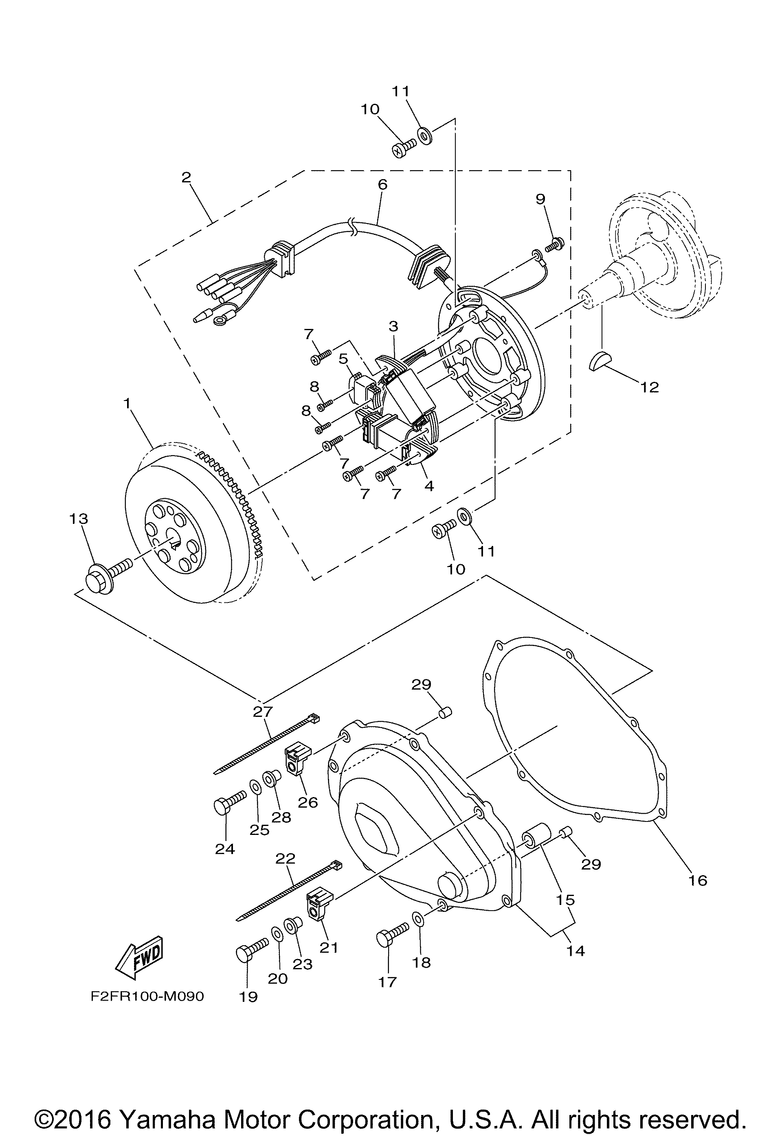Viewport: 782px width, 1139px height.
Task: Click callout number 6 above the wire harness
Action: [x=382, y=184]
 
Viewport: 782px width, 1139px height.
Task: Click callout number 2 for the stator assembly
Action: [x=186, y=177]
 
